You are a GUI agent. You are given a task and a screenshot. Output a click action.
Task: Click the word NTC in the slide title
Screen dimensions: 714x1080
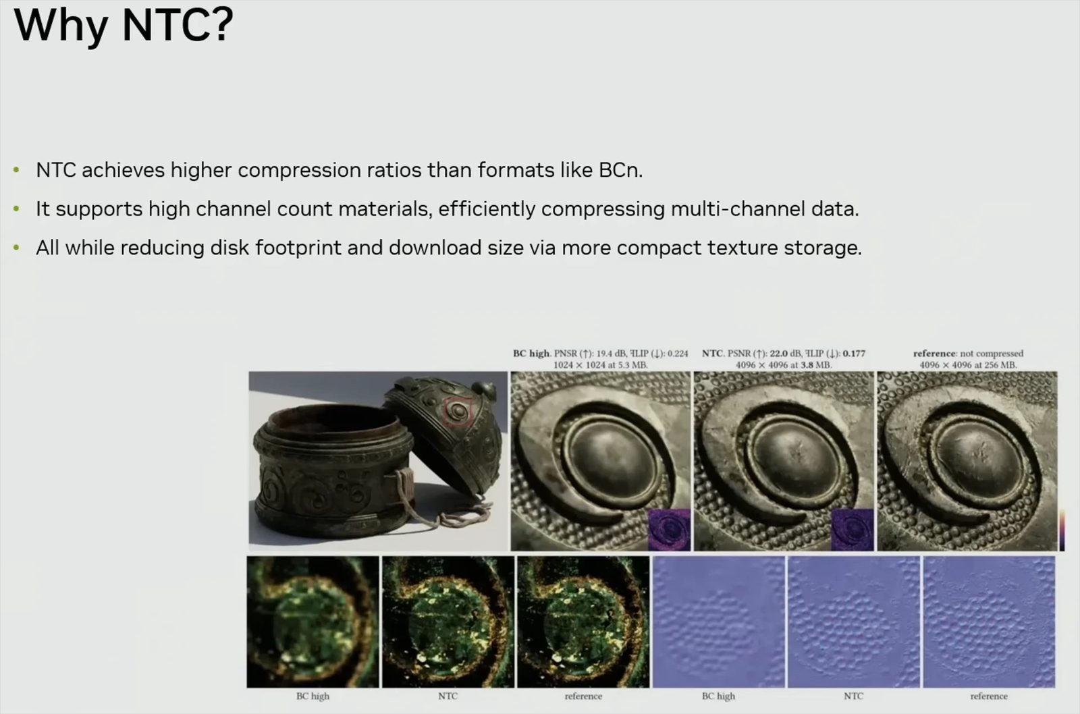click(177, 26)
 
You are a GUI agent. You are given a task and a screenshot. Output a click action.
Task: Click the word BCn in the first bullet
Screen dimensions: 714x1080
click(618, 170)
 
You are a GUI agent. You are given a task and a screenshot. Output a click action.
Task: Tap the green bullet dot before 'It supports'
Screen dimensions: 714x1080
click(16, 209)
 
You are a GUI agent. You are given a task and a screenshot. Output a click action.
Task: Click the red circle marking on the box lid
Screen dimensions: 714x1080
click(458, 410)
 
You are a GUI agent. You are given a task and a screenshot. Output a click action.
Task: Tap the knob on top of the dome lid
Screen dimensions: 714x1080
click(484, 389)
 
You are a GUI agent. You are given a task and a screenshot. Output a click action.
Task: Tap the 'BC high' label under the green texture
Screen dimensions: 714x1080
click(313, 696)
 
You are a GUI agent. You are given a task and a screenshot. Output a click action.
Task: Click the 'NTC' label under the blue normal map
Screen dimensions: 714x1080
click(853, 696)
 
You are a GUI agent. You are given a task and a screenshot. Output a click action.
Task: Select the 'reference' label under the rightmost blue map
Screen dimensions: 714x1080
click(988, 696)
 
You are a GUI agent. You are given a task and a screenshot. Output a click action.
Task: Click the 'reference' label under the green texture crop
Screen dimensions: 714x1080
click(583, 696)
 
